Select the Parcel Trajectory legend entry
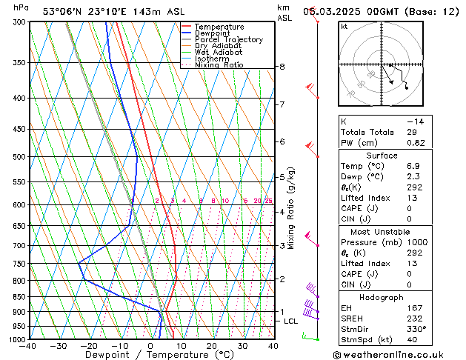228,39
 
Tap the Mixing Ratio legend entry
219,65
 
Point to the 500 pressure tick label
19,157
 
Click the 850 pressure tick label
19,297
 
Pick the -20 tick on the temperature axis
90,346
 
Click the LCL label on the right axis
290,321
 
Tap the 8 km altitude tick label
282,67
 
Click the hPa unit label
21,7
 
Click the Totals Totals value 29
411,131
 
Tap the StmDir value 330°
415,329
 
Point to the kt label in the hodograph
344,27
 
